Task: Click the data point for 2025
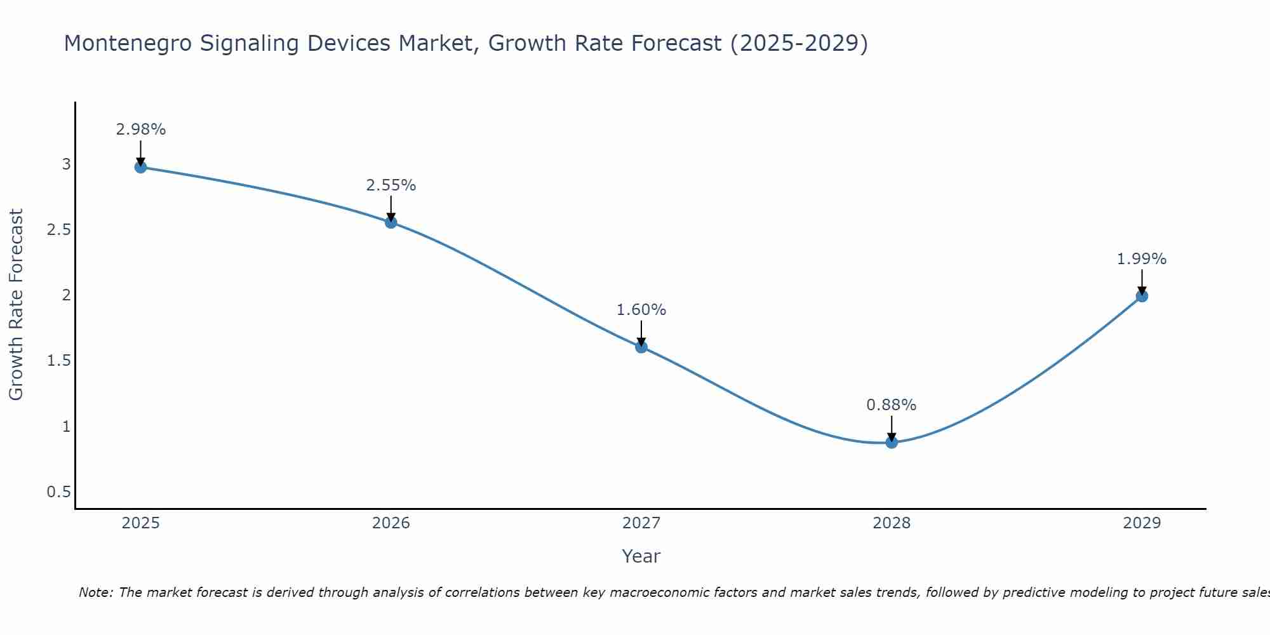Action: (140, 167)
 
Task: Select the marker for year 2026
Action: (391, 222)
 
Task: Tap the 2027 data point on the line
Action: (641, 347)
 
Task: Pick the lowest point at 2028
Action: (892, 442)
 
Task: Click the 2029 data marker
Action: (1142, 296)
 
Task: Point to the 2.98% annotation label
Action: (140, 130)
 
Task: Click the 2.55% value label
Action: (391, 185)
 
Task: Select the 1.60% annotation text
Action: (641, 310)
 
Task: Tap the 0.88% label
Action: (892, 405)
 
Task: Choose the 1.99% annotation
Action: (1142, 259)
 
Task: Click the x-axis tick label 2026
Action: (391, 523)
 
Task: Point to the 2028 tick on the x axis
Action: (892, 523)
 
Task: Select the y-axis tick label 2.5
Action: (58, 230)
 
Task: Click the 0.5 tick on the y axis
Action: (58, 492)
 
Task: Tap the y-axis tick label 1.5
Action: (58, 361)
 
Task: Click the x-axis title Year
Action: (641, 556)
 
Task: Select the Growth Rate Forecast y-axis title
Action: (17, 305)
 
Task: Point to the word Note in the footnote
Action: (95, 593)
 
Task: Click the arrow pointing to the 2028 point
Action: (892, 428)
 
